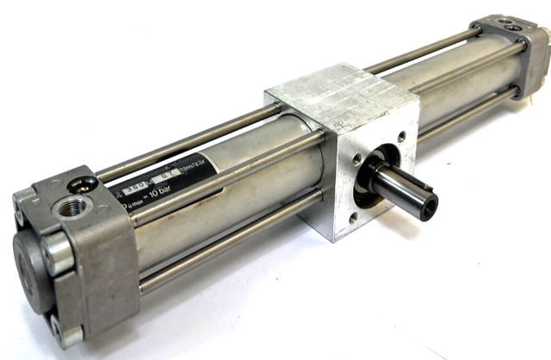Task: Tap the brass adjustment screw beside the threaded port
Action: click(x=86, y=183)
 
